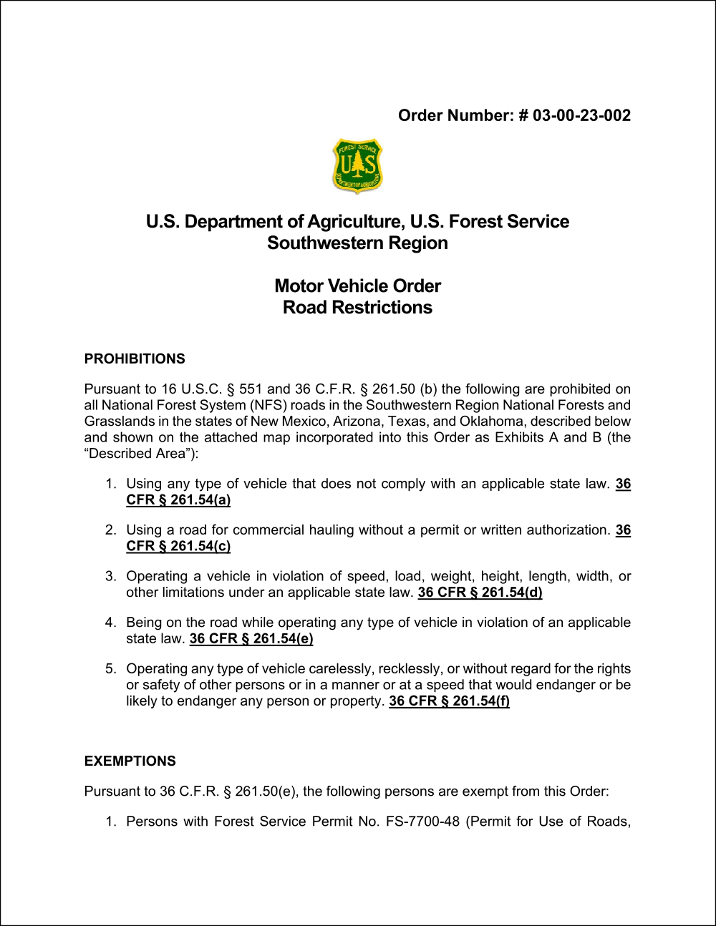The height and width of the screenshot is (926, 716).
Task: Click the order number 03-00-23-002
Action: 581,116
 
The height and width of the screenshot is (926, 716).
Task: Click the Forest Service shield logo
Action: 358,166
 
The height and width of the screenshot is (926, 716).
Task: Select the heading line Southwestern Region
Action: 357,243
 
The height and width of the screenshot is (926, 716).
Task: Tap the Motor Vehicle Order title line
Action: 357,286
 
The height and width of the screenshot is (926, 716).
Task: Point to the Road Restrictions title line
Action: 357,308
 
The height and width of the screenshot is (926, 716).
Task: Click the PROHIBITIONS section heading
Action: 135,359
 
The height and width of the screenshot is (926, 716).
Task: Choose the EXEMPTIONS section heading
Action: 130,761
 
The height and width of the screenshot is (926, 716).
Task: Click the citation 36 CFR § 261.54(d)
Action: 480,593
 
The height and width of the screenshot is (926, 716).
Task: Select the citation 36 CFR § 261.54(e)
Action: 251,639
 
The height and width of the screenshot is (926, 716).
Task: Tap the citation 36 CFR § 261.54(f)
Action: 449,701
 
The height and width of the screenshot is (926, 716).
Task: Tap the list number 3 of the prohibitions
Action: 110,577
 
